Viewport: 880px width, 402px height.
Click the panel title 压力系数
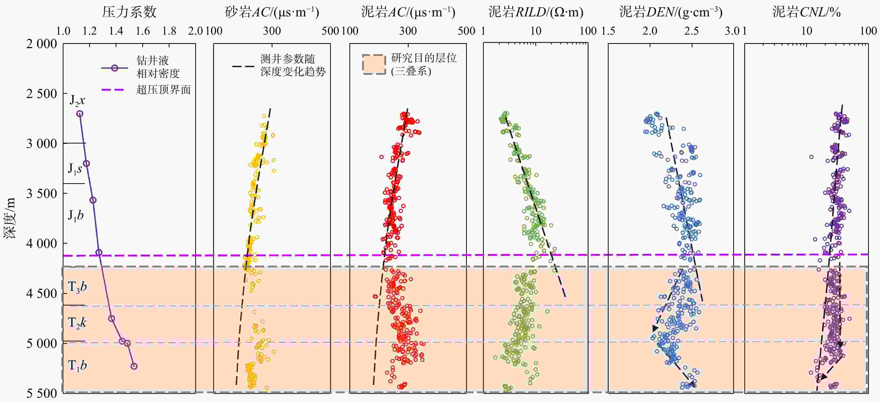[129, 12]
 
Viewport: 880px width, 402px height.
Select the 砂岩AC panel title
[272, 12]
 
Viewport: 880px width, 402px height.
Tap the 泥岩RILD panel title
[536, 12]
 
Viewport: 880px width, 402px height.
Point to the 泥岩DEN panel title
[671, 12]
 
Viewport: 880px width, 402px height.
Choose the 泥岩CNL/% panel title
[806, 12]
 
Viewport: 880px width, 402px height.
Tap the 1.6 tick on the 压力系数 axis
[143, 31]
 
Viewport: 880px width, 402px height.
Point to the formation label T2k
[77, 323]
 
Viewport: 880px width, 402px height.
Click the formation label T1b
[77, 366]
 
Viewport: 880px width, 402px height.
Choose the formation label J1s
[75, 169]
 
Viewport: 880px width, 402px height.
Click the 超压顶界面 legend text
[163, 90]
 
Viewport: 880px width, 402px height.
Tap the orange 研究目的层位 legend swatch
[374, 64]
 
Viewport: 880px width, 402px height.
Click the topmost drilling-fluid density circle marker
[80, 114]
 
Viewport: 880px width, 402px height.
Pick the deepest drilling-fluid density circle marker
[134, 366]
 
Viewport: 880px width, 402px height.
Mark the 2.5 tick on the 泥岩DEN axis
[691, 31]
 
